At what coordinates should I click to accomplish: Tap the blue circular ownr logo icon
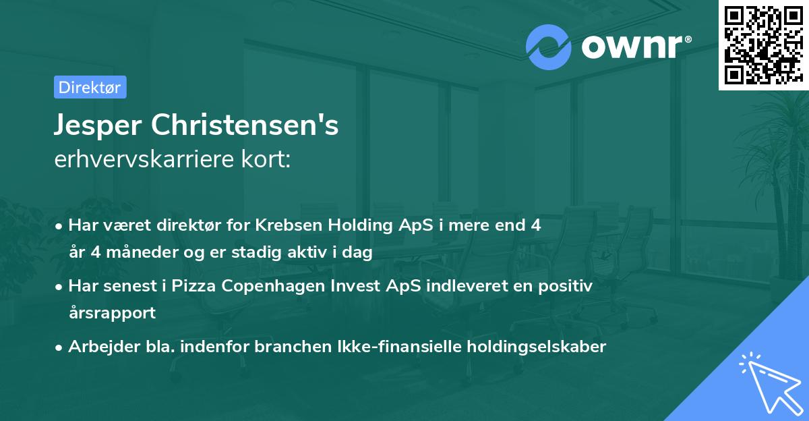[x=548, y=47]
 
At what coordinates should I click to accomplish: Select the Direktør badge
[x=90, y=87]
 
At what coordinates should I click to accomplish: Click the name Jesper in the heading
[x=100, y=126]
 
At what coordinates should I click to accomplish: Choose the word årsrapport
[x=112, y=313]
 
